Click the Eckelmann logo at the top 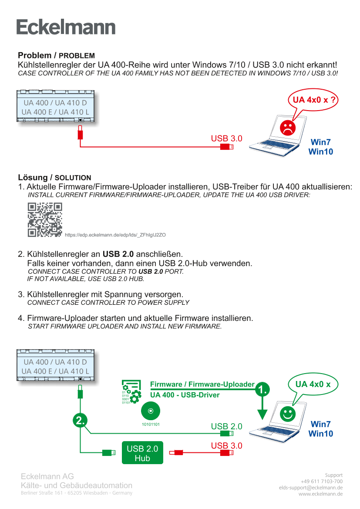point(66,27)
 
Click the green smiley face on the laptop point(287,413)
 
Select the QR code point(45,220)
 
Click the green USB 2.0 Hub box point(142,452)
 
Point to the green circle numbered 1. point(262,389)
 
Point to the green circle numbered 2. point(81,421)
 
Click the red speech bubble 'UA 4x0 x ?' point(313,100)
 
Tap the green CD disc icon point(151,411)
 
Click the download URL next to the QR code point(115,235)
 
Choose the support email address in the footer point(310,488)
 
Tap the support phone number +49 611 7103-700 point(321,481)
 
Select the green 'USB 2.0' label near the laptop point(226,426)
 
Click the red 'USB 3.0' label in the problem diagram point(226,139)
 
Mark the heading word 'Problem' point(35,56)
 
